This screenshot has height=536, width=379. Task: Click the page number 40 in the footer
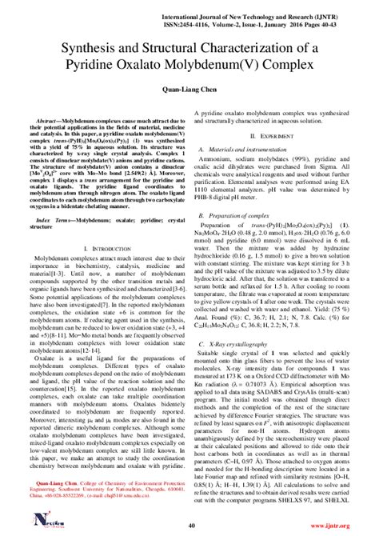(189, 524)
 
